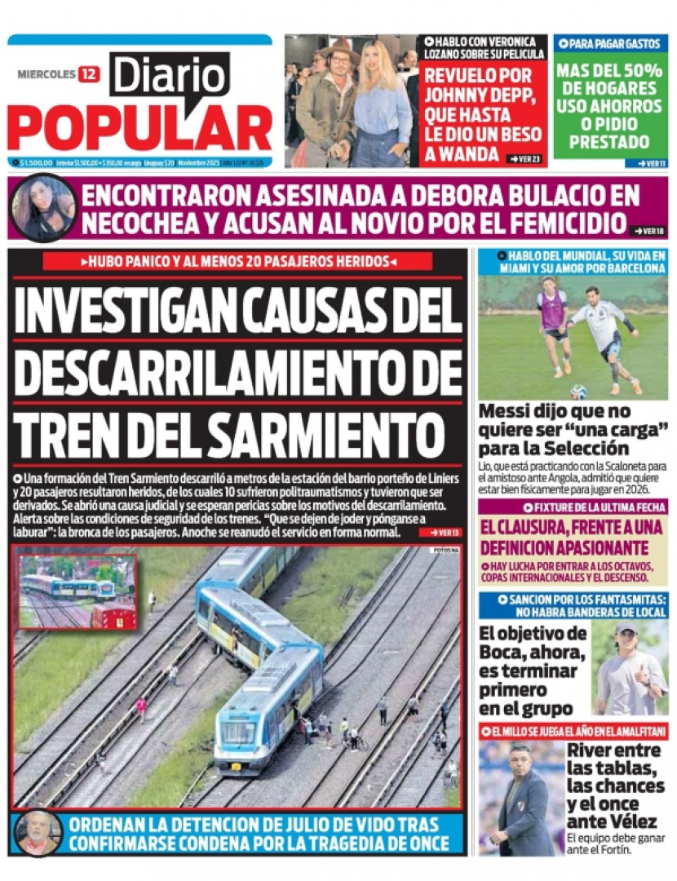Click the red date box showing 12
tap(89, 74)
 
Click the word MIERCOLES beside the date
tap(46, 74)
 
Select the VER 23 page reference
tap(524, 158)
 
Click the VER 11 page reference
tap(651, 163)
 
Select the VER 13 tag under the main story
tap(440, 532)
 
